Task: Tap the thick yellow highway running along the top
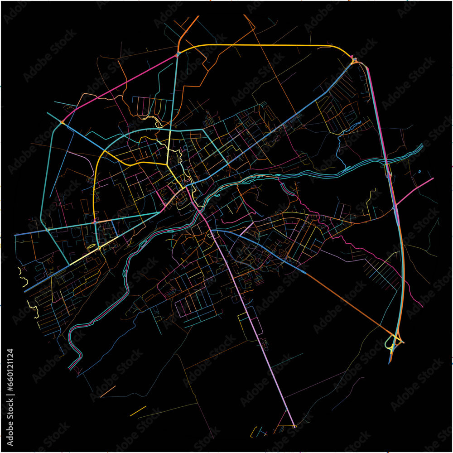pyautogui.click(x=263, y=45)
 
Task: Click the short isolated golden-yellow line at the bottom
pyautogui.click(x=138, y=411)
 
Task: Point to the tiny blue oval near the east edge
pyautogui.click(x=420, y=172)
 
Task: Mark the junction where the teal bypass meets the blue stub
pyautogui.click(x=62, y=122)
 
